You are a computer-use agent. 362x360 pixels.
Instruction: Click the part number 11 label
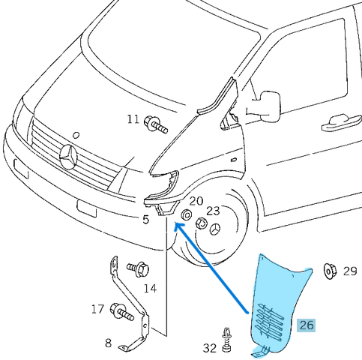pyautogui.click(x=133, y=119)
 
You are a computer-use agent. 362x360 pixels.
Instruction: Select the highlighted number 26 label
pyautogui.click(x=307, y=325)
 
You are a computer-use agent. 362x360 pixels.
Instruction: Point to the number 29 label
pyautogui.click(x=350, y=271)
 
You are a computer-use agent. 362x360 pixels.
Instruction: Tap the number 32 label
pyautogui.click(x=209, y=347)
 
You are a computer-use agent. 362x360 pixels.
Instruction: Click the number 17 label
pyautogui.click(x=97, y=308)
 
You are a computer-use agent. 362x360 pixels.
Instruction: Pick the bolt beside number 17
pyautogui.click(x=121, y=309)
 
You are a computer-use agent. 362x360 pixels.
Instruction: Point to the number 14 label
pyautogui.click(x=150, y=288)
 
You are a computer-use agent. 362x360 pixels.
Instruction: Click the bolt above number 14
pyautogui.click(x=139, y=268)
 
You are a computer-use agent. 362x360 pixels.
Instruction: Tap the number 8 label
pyautogui.click(x=108, y=343)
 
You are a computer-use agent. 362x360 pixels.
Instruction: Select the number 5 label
pyautogui.click(x=146, y=220)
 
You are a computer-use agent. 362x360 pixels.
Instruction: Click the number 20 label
pyautogui.click(x=196, y=201)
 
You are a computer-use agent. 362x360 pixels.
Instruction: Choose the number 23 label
pyautogui.click(x=214, y=211)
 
